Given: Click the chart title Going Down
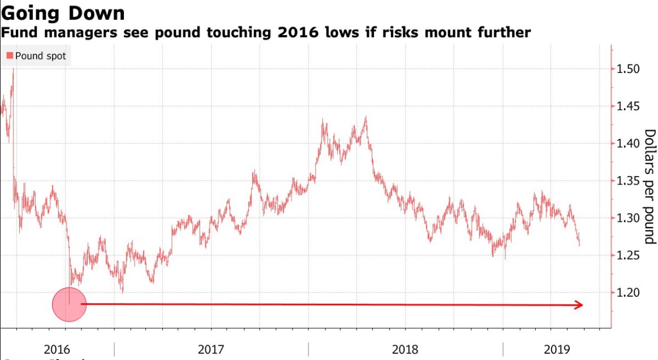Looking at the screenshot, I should point(63,13).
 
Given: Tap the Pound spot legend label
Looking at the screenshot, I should point(40,55).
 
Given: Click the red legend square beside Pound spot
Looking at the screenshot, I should point(10,55).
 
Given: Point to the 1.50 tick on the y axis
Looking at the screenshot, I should point(628,69).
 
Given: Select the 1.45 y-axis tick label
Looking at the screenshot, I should point(628,106).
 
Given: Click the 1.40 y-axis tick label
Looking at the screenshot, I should point(628,144).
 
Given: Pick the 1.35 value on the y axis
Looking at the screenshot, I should point(628,181).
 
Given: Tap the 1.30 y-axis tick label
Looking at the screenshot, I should point(628,218).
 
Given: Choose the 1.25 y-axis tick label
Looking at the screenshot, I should point(628,256).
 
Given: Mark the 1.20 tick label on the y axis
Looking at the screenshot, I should point(628,292).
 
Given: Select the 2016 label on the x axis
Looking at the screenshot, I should point(57,349).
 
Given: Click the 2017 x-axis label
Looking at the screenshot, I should point(211,349).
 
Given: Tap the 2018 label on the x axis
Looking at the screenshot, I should point(405,349).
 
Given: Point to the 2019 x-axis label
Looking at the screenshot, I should point(557,349).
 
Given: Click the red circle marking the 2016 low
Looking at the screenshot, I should point(69,304).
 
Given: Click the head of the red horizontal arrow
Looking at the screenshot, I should point(578,305).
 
